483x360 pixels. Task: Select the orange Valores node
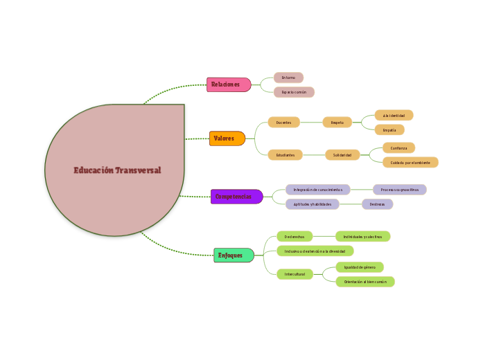(x=227, y=138)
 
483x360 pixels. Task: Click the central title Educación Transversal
(x=117, y=170)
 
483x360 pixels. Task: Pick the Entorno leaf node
(x=288, y=78)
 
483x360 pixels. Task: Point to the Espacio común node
(x=294, y=92)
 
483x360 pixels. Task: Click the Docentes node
(x=284, y=123)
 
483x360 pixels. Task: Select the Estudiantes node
(x=285, y=155)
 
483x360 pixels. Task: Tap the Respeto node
(x=337, y=123)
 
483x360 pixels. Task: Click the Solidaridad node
(x=342, y=155)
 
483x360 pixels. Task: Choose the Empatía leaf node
(x=389, y=129)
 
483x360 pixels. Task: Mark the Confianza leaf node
(x=399, y=148)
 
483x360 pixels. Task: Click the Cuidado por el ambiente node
(x=410, y=163)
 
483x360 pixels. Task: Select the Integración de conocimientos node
(x=318, y=190)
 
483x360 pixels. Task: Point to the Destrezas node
(x=377, y=204)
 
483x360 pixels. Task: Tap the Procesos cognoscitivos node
(x=400, y=190)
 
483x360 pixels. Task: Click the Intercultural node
(x=295, y=274)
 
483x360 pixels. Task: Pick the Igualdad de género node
(x=359, y=267)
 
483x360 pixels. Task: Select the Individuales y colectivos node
(x=362, y=237)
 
